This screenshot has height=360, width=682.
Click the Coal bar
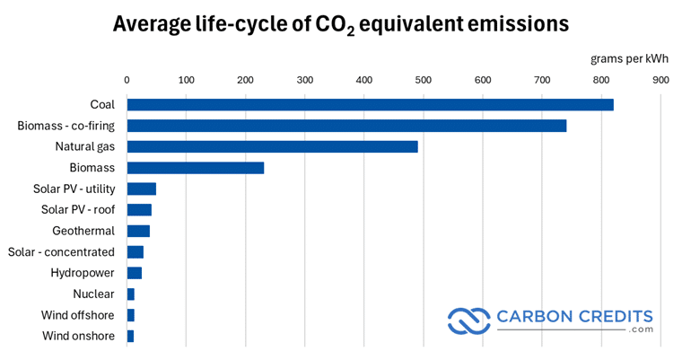(x=370, y=104)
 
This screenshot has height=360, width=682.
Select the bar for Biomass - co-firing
(x=346, y=126)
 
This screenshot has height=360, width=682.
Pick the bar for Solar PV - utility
(x=141, y=189)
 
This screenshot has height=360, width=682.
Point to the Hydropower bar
(x=134, y=273)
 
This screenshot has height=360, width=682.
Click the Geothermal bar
(x=138, y=231)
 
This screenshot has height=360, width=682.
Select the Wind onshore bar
(x=130, y=336)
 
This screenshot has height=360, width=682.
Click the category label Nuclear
(x=93, y=294)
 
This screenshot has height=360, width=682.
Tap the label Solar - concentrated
(x=61, y=251)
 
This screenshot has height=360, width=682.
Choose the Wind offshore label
(x=77, y=315)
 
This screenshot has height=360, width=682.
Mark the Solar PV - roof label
(x=78, y=209)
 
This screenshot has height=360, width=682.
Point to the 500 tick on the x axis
(x=424, y=80)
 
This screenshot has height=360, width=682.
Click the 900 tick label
(x=660, y=80)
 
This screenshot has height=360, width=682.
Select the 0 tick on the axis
(x=127, y=80)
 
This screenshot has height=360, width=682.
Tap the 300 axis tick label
(x=305, y=80)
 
